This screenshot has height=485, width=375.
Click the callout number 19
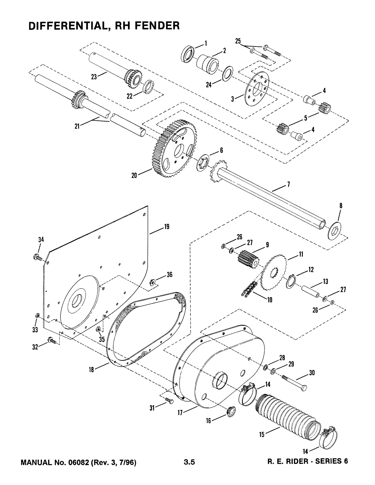166,227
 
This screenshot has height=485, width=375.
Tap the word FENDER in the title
153,25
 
